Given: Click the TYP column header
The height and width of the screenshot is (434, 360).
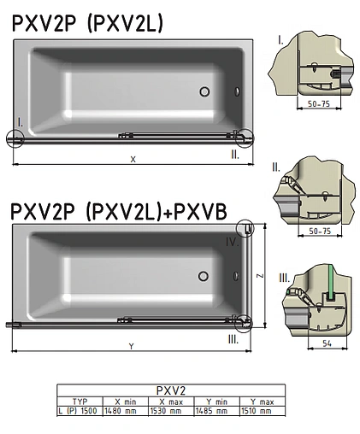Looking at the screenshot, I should (x=79, y=401).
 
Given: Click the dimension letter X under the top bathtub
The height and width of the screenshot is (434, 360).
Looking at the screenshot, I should (x=132, y=159).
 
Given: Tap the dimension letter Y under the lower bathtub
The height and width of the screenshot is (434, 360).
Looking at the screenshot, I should (x=131, y=346).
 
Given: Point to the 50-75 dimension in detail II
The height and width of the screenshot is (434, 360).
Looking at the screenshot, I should (x=317, y=231).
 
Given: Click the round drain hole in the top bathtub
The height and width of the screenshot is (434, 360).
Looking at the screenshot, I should (x=205, y=91).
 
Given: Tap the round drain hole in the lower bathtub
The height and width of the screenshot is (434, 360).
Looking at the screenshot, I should (x=204, y=275).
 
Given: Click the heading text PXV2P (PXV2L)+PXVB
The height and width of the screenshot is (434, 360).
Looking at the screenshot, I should (x=119, y=210).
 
